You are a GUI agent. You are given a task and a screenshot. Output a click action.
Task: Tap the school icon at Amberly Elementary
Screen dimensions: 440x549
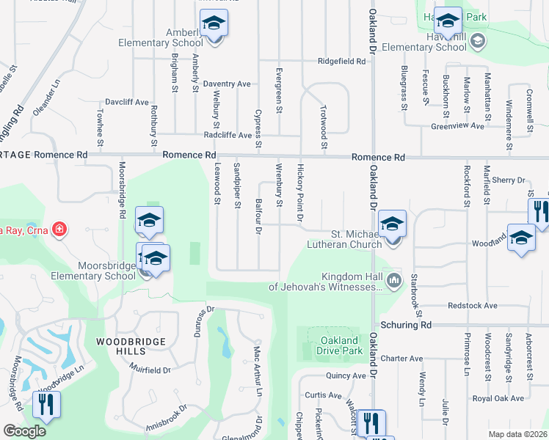[214, 24]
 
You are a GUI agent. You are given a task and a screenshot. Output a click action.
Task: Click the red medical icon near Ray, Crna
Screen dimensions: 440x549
[59, 230]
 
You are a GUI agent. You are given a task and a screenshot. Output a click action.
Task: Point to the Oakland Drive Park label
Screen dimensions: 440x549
[340, 345]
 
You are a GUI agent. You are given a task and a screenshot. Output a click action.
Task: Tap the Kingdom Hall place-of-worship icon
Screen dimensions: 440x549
[395, 279]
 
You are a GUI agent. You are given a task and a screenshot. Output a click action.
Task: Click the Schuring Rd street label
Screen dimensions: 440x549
[405, 324]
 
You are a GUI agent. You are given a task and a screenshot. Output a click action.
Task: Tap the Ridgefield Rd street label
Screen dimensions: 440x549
[341, 62]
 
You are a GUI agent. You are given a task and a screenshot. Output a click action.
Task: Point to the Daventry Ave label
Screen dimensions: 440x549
[227, 84]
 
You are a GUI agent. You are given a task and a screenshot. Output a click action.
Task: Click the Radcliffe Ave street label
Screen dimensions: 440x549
[228, 135]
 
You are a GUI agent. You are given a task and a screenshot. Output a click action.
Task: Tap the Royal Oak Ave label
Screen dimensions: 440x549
[498, 398]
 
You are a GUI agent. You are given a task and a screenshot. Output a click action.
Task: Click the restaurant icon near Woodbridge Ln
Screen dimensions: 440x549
[46, 404]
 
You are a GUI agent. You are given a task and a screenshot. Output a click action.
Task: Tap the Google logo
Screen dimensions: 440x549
[24, 431]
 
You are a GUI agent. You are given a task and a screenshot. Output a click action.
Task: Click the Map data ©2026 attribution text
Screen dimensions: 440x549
[517, 434]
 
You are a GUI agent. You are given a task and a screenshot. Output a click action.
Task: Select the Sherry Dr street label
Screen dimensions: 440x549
[510, 180]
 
